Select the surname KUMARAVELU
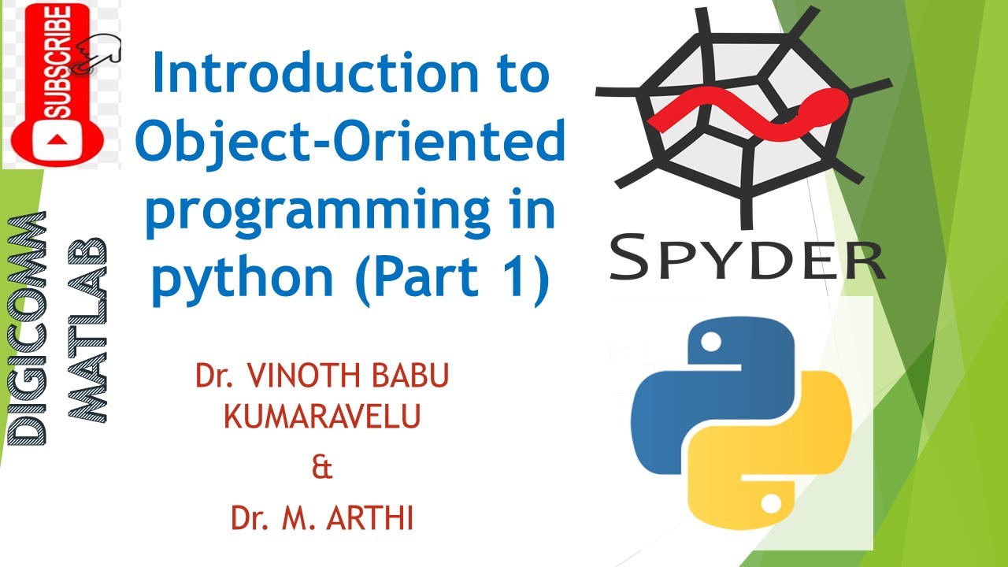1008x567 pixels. click(322, 417)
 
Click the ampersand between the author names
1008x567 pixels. click(322, 468)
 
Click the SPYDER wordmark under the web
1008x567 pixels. click(747, 254)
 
